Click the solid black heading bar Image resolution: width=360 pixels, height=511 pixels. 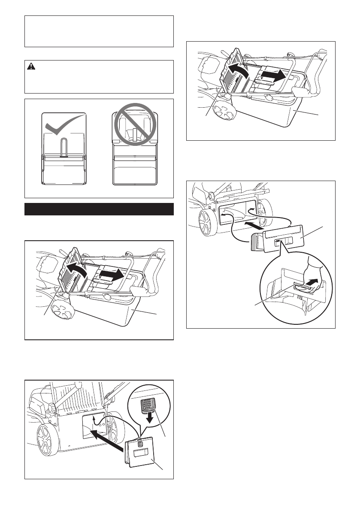pyautogui.click(x=99, y=209)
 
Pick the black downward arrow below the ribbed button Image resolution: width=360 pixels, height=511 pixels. pyautogui.click(x=150, y=417)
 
